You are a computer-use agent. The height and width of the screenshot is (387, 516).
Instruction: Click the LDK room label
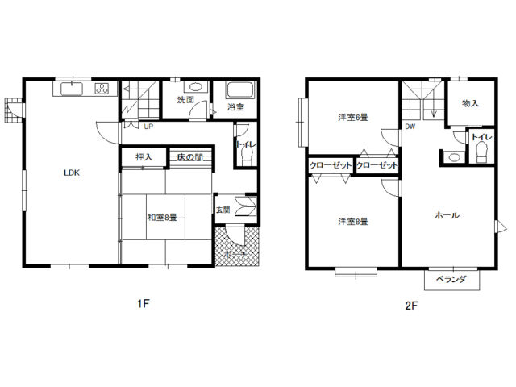pos(72,173)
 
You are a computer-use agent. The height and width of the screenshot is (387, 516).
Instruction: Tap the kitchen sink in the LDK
pos(72,89)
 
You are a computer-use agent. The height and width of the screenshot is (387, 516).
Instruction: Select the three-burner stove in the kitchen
pos(102,89)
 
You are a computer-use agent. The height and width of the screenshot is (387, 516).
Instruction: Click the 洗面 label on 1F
pos(185,100)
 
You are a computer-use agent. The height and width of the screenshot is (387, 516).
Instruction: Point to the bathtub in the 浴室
pos(240,89)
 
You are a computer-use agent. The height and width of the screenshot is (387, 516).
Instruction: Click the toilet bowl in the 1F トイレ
pos(247,156)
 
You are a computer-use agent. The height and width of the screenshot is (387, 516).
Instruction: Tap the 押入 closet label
pos(144,157)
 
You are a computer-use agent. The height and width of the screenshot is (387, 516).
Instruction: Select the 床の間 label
pos(190,157)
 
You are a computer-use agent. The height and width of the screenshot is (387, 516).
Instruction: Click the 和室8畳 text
pos(162,218)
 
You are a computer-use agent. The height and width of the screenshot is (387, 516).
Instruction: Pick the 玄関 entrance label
pos(223,210)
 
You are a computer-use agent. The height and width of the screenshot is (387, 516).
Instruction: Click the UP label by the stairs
pos(148,127)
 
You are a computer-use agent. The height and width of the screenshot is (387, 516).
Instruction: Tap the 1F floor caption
pos(144,303)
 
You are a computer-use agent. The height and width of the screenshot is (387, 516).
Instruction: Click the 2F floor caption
pos(411,306)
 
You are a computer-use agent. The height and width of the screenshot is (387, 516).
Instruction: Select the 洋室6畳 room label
pos(353,117)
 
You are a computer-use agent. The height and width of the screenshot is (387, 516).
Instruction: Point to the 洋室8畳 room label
pos(353,222)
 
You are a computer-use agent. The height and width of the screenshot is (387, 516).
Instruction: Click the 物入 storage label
pos(471,103)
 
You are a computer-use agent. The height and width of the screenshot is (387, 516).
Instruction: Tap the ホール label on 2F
pos(447,215)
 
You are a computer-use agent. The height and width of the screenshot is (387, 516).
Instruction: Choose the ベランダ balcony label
pos(451,280)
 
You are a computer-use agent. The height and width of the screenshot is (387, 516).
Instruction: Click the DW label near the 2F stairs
pos(410,127)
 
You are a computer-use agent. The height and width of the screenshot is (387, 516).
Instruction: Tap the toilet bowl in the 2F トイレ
pos(482,152)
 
